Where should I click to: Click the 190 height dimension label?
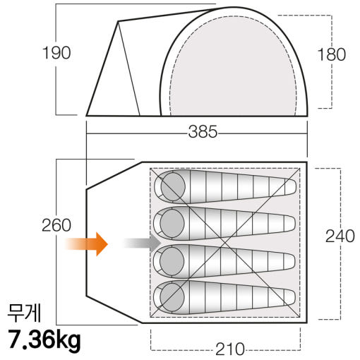point(56,53)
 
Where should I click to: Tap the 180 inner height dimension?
point(332,54)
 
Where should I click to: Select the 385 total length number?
point(203,131)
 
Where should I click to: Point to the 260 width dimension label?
point(56,225)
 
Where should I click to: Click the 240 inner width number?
point(340,236)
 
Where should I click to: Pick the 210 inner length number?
point(230,349)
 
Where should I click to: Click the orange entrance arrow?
point(86,244)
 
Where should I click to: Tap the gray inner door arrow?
point(142,243)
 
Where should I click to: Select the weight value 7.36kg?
point(44,340)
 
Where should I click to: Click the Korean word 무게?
point(24,313)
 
